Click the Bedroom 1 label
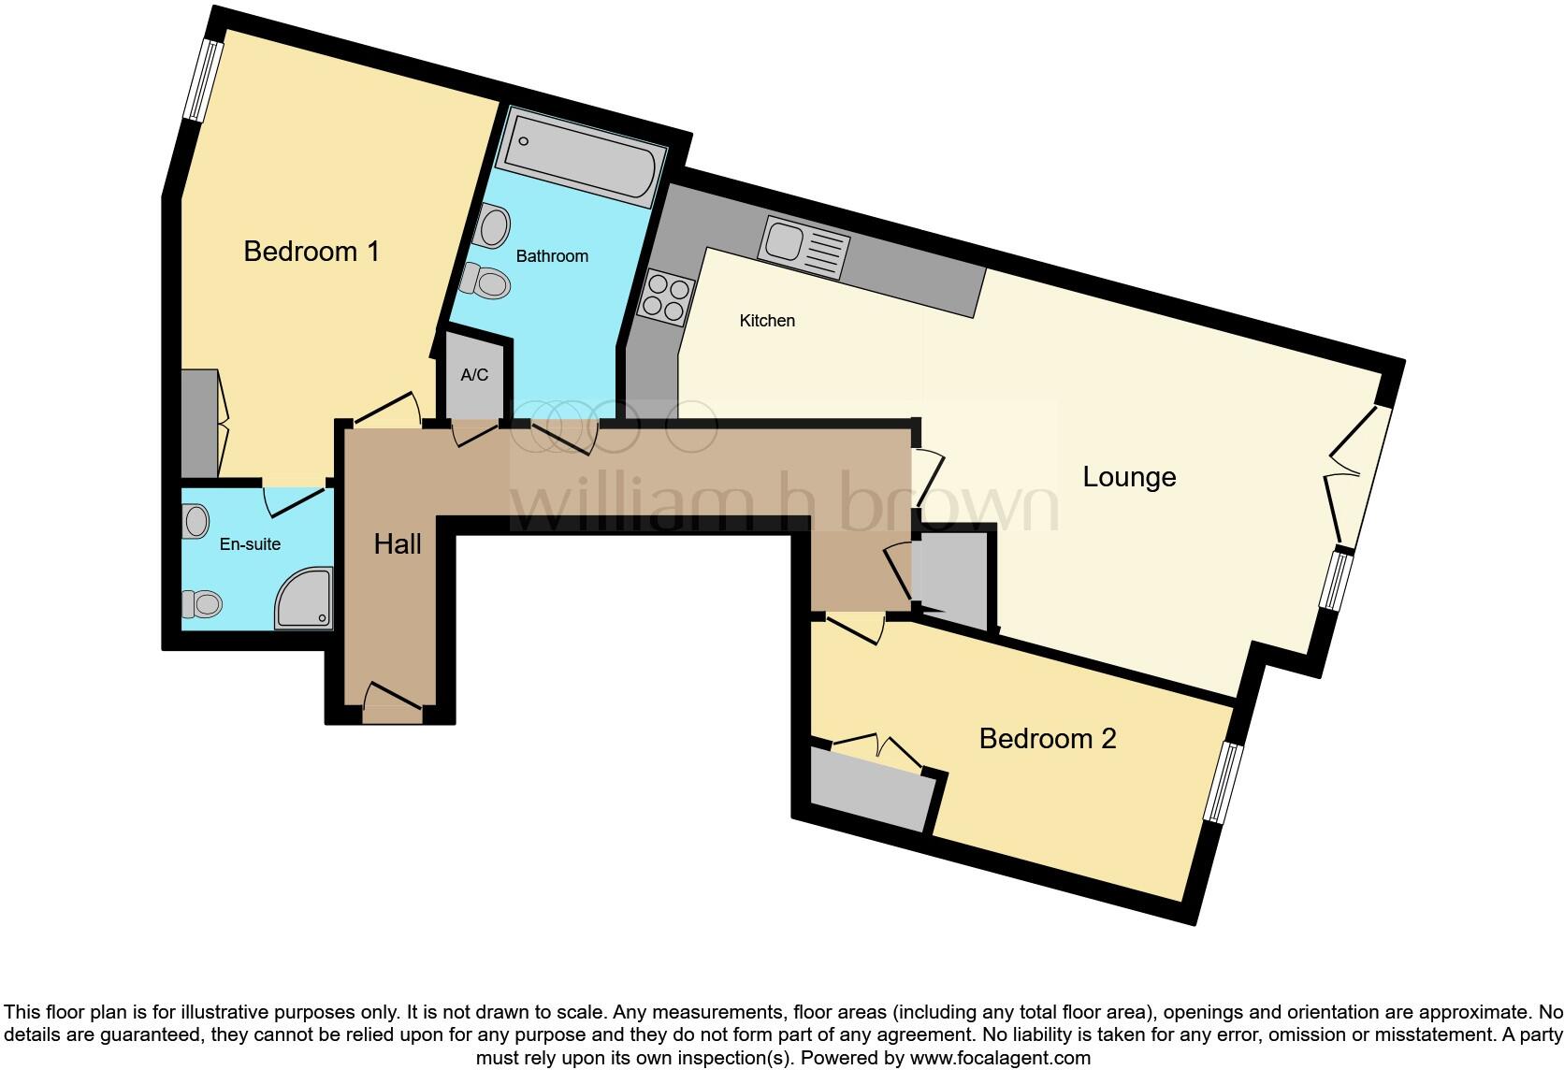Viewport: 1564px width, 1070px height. [x=311, y=252]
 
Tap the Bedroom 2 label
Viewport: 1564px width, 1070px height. [x=1047, y=739]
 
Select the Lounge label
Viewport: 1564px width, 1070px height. [x=1128, y=477]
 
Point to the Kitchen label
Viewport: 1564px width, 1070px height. [x=767, y=321]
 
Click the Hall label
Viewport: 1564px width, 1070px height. [x=398, y=544]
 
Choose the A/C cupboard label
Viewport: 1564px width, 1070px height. [x=474, y=375]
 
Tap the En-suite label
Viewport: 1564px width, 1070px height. [x=250, y=544]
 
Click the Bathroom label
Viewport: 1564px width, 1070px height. [x=552, y=256]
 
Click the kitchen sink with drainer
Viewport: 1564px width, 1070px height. [x=805, y=246]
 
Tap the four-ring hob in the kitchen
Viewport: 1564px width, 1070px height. [x=666, y=296]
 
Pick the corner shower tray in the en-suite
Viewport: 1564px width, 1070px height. [x=303, y=598]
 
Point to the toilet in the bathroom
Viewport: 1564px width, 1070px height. [x=486, y=280]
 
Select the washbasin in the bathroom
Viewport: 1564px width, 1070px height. [x=493, y=226]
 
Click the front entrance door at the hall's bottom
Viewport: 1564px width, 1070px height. [x=393, y=701]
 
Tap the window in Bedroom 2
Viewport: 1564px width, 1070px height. [x=1224, y=783]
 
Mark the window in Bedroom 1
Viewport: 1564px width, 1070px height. [x=201, y=80]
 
